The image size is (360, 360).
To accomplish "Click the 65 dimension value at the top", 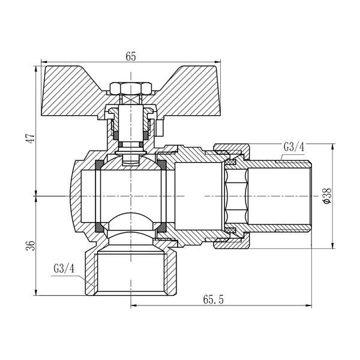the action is pyautogui.click(x=131, y=56).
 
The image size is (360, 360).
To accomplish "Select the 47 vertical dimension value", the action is pyautogui.click(x=31, y=138).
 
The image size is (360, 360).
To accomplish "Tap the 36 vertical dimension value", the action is pyautogui.click(x=31, y=245).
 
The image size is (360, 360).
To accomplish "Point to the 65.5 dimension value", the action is pyautogui.click(x=213, y=300).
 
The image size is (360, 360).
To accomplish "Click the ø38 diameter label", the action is pyautogui.click(x=327, y=196).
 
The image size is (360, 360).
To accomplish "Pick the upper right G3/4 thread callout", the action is pyautogui.click(x=294, y=147).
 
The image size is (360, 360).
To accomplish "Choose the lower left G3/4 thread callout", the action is pyautogui.click(x=64, y=269).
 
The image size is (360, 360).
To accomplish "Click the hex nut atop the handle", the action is pyautogui.click(x=131, y=88).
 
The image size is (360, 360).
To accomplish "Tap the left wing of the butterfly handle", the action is pyautogui.click(x=73, y=92).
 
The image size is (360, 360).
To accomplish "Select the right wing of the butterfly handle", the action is pyautogui.click(x=188, y=92).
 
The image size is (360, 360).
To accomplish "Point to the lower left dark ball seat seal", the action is pyautogui.click(x=100, y=227).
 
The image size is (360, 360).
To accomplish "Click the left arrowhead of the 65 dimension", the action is pyautogui.click(x=44, y=62).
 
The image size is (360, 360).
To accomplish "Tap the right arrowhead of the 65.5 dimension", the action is pyautogui.click(x=309, y=306).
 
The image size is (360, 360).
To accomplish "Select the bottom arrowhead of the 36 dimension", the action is pyautogui.click(x=35, y=293).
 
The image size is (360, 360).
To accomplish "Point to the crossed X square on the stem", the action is pyautogui.click(x=131, y=100).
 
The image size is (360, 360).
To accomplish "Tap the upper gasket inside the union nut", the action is pyautogui.click(x=230, y=163).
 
